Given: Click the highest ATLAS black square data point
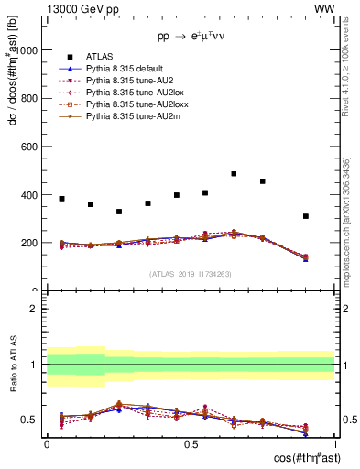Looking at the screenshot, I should click(234, 173).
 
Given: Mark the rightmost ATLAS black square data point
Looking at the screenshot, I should click(306, 216).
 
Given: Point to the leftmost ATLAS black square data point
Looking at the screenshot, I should click(61, 199).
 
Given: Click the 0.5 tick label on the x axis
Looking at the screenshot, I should click(191, 442).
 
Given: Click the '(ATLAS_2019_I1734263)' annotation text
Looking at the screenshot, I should click(191, 274).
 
